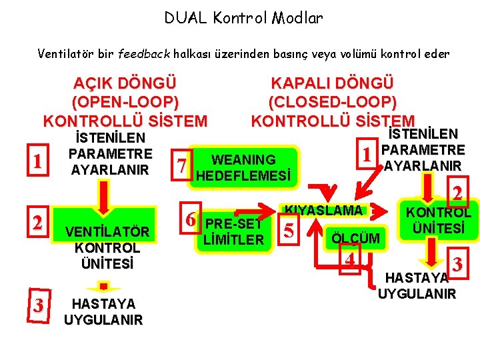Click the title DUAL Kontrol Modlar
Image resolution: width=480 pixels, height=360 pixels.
(243, 18)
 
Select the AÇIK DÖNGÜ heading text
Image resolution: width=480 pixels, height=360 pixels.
(125, 85)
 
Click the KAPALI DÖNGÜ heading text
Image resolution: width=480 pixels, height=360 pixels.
(332, 83)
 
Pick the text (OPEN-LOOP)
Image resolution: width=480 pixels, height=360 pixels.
(125, 103)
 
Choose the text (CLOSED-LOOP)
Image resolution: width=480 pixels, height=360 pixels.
(332, 102)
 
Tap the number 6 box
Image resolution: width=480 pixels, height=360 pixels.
(191, 219)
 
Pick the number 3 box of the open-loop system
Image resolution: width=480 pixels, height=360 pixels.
(39, 306)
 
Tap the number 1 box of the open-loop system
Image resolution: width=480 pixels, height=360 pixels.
(39, 162)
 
